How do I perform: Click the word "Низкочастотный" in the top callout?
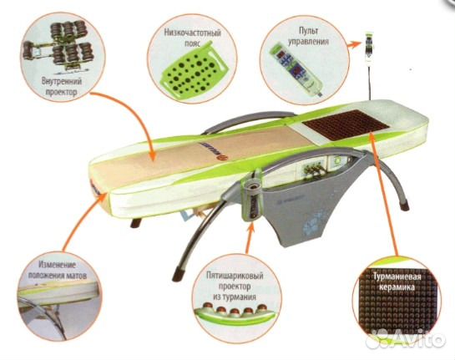click(192, 32)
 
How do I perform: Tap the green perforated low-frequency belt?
click(192, 68)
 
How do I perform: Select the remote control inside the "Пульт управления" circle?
click(296, 68)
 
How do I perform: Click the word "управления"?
click(308, 41)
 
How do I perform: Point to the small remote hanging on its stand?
click(369, 47)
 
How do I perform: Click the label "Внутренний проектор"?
click(61, 87)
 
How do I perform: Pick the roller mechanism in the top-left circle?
click(58, 46)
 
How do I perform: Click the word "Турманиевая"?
click(397, 276)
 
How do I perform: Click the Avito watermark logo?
click(406, 339)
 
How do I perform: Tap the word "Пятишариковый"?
click(235, 276)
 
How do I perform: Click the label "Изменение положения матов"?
click(58, 270)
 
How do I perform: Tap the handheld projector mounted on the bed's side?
click(252, 200)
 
